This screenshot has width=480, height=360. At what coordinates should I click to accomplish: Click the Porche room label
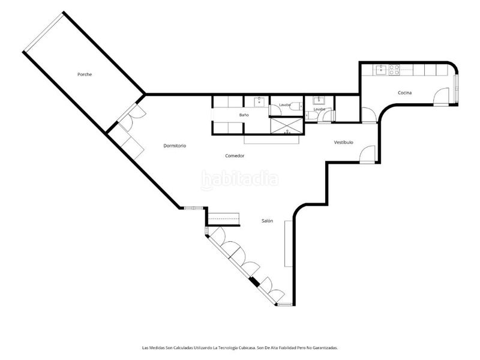[x=85, y=74]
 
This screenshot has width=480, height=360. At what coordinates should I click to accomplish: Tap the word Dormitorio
[x=175, y=146]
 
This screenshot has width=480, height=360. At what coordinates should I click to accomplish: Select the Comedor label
[x=235, y=156]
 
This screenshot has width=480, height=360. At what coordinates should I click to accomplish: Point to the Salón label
[x=267, y=221]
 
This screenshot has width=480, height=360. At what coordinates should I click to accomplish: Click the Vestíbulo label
[x=343, y=142]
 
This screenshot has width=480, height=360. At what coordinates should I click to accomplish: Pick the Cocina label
[x=404, y=93]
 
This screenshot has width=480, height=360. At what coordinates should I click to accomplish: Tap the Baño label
[x=244, y=115]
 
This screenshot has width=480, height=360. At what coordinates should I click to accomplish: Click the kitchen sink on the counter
[x=381, y=70]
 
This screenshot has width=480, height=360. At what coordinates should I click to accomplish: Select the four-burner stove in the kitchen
[x=394, y=70]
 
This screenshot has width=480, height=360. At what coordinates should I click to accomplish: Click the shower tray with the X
[x=287, y=126]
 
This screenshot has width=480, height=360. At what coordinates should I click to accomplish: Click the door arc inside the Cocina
[x=441, y=97]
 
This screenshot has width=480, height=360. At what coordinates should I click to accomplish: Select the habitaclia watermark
[x=239, y=179]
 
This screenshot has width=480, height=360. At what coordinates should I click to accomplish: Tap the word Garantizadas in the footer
[x=326, y=348]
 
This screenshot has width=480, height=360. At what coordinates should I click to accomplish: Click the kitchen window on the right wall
[x=456, y=89]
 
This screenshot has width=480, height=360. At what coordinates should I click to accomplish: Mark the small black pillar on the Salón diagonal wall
[x=254, y=281]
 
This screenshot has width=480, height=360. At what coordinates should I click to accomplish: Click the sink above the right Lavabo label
[x=319, y=101]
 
